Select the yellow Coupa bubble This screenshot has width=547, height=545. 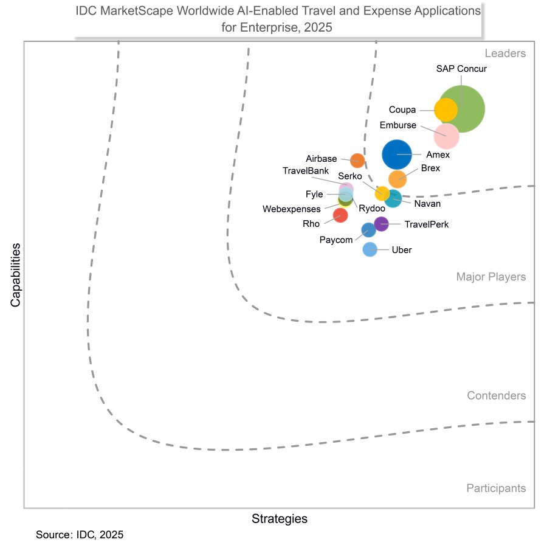446,110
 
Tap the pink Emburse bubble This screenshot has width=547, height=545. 447,136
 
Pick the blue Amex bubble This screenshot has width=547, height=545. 397,154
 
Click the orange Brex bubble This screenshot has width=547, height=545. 397,179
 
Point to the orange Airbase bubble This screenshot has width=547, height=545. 357,161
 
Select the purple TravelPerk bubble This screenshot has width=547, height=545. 381,224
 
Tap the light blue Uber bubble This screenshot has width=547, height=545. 370,249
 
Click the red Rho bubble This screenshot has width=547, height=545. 340,215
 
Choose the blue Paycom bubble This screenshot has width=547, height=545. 368,230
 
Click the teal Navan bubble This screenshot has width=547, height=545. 394,198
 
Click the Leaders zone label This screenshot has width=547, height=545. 504,54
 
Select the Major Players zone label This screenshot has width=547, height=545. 490,277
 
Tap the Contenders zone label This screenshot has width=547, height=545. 496,396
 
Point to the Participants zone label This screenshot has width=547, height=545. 496,488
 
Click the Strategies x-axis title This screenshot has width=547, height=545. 279,519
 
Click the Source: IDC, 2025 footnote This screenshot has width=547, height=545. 80,535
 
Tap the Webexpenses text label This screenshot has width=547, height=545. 291,209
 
